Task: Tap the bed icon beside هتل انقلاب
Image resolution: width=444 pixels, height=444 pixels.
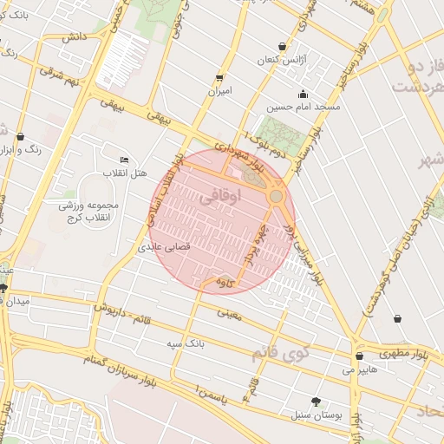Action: tap(124, 160)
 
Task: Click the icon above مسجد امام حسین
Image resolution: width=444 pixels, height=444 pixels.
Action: tap(303, 95)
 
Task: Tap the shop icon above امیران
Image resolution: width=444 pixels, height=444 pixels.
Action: tap(219, 76)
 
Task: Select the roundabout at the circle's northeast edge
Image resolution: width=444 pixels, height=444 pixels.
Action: tap(276, 197)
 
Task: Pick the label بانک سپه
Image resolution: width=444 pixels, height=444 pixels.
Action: tap(186, 343)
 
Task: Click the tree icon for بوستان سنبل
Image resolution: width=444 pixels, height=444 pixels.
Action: tap(316, 402)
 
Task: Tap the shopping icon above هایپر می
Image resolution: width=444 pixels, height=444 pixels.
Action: tap(359, 356)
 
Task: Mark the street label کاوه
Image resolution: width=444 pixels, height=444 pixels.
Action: tap(225, 283)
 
